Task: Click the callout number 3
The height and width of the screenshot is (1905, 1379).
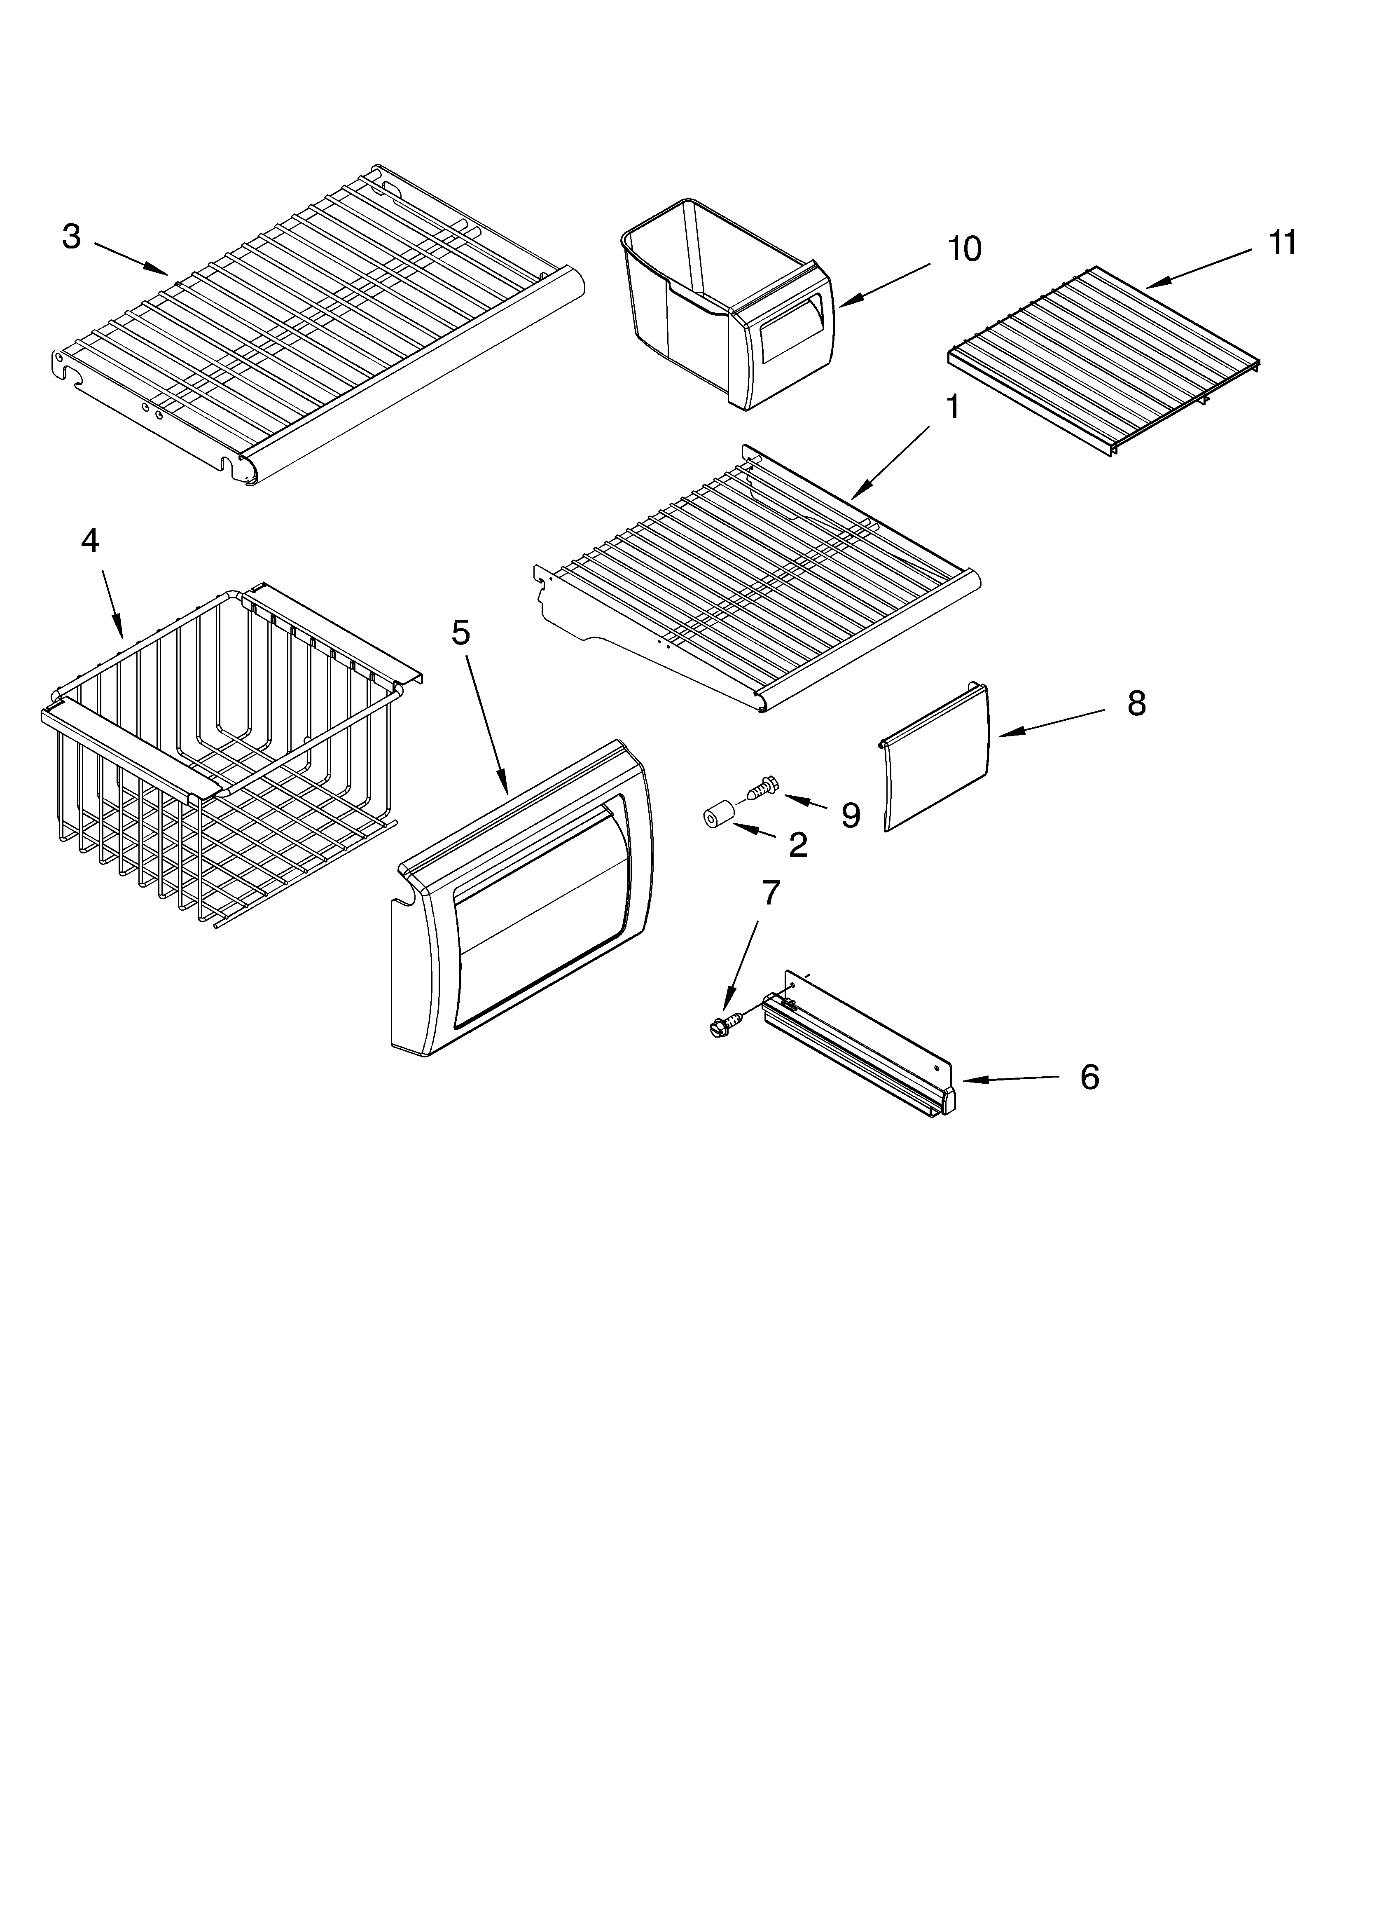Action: coord(71,237)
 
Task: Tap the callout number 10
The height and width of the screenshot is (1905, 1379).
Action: coord(964,249)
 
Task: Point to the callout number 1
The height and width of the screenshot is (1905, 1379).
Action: coord(952,408)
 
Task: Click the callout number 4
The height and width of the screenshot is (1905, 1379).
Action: coord(90,542)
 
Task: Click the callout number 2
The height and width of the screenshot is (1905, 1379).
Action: coord(798,845)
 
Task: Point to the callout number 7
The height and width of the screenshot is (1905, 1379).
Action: coord(770,894)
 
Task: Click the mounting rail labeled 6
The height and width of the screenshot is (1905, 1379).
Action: coord(857,1046)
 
